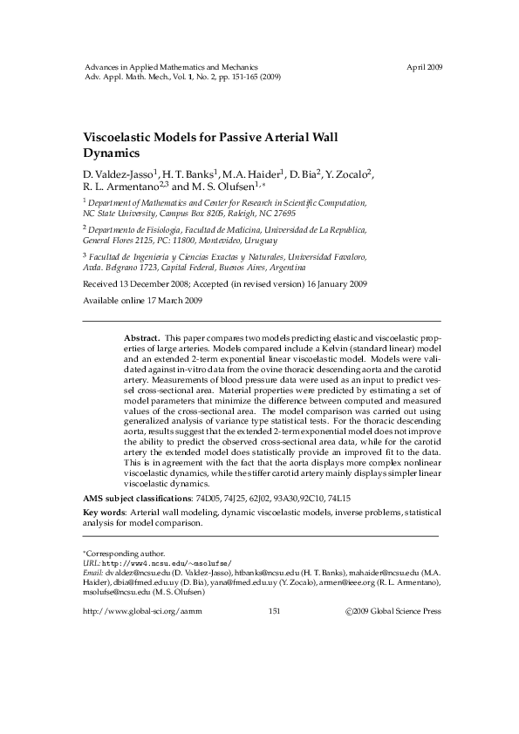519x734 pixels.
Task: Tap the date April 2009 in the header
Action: (x=425, y=66)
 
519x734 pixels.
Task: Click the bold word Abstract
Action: (x=141, y=336)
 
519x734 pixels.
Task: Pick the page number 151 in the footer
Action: (x=274, y=611)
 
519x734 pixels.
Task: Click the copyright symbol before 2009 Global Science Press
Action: (x=349, y=611)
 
